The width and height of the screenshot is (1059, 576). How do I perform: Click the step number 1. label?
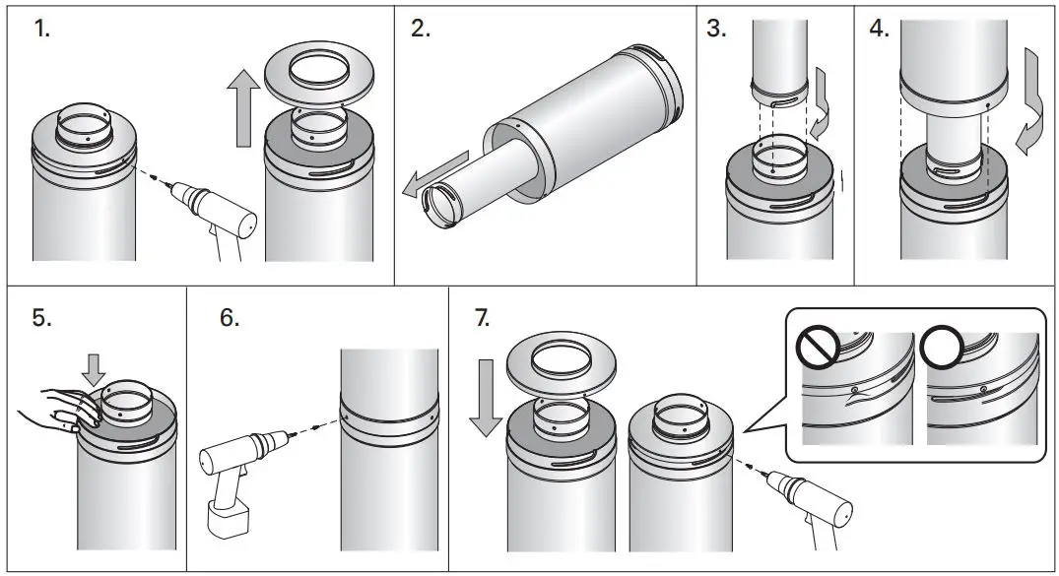(x=41, y=30)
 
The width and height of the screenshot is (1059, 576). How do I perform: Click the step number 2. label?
(x=421, y=30)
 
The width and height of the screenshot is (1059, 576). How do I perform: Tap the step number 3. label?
(x=715, y=30)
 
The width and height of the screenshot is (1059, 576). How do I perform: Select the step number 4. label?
(x=879, y=30)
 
